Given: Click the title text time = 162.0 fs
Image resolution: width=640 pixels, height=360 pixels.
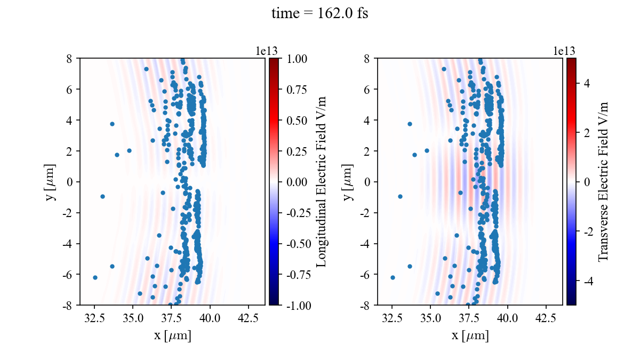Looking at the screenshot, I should click(x=319, y=13).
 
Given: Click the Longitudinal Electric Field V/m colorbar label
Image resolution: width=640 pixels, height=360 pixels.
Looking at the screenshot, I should click(x=322, y=181).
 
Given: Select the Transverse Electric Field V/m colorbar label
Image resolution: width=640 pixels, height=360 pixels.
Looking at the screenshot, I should click(x=603, y=181).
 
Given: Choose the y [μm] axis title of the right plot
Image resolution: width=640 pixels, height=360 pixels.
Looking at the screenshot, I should click(x=348, y=181).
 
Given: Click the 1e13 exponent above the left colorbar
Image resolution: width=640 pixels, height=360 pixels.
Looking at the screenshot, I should click(x=267, y=51).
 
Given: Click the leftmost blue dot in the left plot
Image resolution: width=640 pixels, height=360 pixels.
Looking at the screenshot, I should click(x=95, y=277).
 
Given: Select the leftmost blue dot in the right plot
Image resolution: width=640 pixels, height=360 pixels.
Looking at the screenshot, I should click(x=393, y=277).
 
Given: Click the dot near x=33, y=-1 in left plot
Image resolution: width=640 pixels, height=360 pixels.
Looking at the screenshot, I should click(x=102, y=196).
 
